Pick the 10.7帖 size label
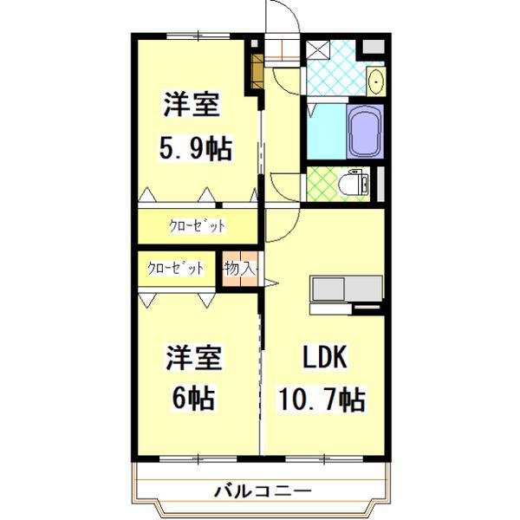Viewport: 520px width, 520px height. tap(322, 400)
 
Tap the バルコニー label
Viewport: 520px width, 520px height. tap(263, 491)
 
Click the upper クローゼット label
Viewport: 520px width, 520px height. tap(197, 227)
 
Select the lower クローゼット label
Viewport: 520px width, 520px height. tap(177, 268)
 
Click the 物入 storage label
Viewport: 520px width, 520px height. tap(239, 269)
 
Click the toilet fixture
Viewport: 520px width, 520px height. tap(355, 183)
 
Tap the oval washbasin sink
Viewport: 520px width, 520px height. tap(375, 82)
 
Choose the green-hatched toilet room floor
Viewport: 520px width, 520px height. tap(322, 184)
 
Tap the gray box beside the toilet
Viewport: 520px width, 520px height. tap(375, 184)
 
